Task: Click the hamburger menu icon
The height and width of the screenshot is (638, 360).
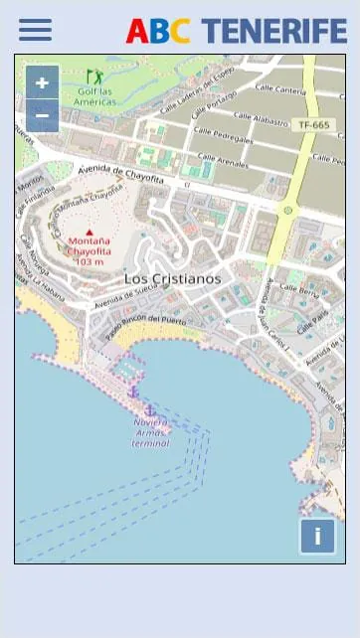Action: (35, 30)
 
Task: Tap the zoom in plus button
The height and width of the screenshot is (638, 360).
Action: (42, 82)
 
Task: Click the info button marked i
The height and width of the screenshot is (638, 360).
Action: (317, 537)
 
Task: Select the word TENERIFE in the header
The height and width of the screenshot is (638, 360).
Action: (275, 31)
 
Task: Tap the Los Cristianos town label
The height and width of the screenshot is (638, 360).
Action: (172, 279)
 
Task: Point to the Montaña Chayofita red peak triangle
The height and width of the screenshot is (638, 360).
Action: (89, 233)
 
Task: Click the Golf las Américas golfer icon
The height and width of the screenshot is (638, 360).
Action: (94, 77)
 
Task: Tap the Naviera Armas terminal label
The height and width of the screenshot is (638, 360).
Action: (151, 432)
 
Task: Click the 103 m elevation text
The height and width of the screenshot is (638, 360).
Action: (89, 261)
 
